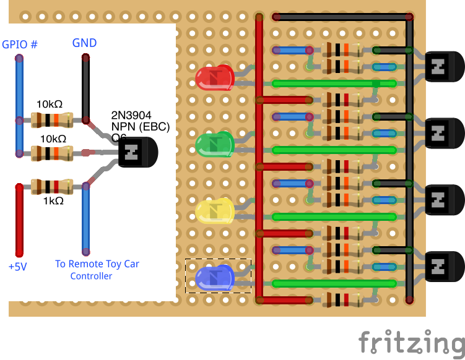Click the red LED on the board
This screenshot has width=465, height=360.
(214, 77)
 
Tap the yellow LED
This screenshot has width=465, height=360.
(214, 212)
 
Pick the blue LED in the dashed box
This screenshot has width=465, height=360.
(214, 276)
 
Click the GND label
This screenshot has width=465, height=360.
(84, 43)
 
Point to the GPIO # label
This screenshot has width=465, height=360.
(20, 45)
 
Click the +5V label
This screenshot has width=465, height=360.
(18, 267)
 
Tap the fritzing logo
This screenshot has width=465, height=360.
(411, 342)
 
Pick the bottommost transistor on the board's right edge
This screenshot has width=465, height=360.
(443, 266)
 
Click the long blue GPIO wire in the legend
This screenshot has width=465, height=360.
(20, 105)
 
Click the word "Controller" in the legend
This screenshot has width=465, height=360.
(91, 276)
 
